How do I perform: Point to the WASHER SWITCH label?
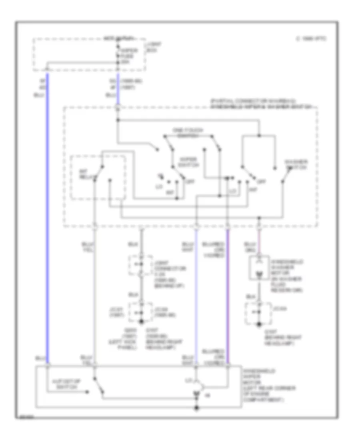[x=296, y=164]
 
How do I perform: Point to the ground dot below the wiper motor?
[x=196, y=408]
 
